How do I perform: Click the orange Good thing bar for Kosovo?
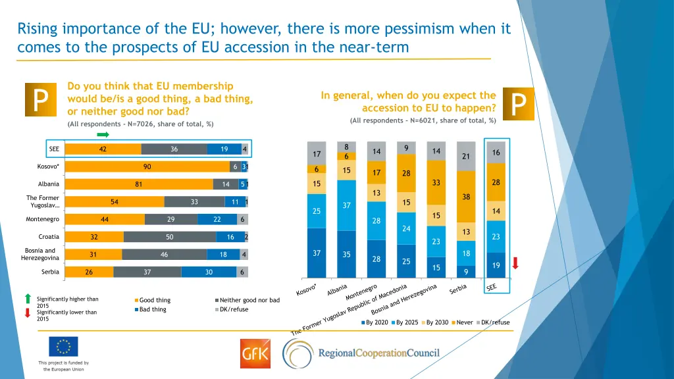tap(147, 167)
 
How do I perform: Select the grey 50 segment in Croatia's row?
tap(170, 237)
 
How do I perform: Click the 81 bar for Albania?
tap(139, 185)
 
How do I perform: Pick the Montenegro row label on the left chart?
tap(43, 219)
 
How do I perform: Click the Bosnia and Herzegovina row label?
tap(41, 255)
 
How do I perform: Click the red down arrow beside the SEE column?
tap(515, 263)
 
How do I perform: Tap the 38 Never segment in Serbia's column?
tap(466, 197)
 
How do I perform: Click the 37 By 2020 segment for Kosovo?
tap(317, 253)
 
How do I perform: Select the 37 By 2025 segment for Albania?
tap(346, 205)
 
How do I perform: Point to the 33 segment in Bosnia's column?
tap(436, 182)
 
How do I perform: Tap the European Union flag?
tap(63, 347)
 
